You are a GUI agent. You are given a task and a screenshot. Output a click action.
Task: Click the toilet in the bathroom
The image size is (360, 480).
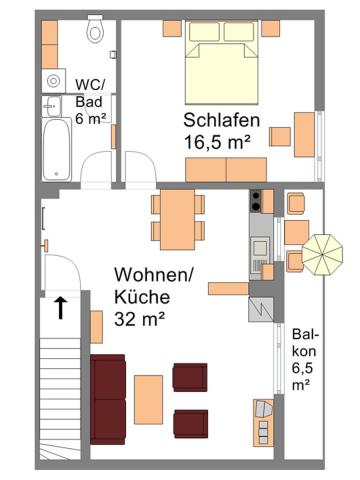pyautogui.click(x=95, y=31)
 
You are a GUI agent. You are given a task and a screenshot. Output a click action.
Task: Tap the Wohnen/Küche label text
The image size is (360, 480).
pyautogui.click(x=149, y=285)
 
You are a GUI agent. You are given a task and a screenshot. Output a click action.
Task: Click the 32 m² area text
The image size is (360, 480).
pyautogui.click(x=139, y=319)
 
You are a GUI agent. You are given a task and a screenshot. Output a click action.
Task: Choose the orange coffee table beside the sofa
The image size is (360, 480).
pyautogui.click(x=149, y=397)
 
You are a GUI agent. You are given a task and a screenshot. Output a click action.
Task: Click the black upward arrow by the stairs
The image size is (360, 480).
pyautogui.click(x=61, y=307)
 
